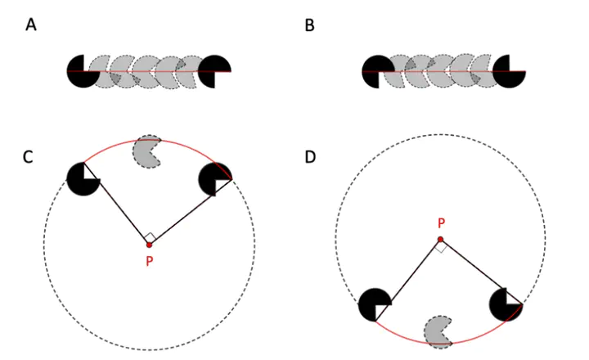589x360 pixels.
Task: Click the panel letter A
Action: (x=31, y=25)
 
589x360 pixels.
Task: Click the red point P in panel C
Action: (x=149, y=245)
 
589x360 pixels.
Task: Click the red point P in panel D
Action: (x=440, y=240)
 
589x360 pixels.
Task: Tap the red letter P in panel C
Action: (x=149, y=262)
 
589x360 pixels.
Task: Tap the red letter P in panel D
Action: (x=441, y=223)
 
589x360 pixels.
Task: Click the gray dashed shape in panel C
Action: (x=147, y=151)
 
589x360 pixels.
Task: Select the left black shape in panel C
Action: (x=82, y=178)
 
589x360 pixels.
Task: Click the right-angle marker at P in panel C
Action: (x=149, y=238)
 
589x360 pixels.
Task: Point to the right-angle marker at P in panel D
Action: (x=440, y=246)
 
